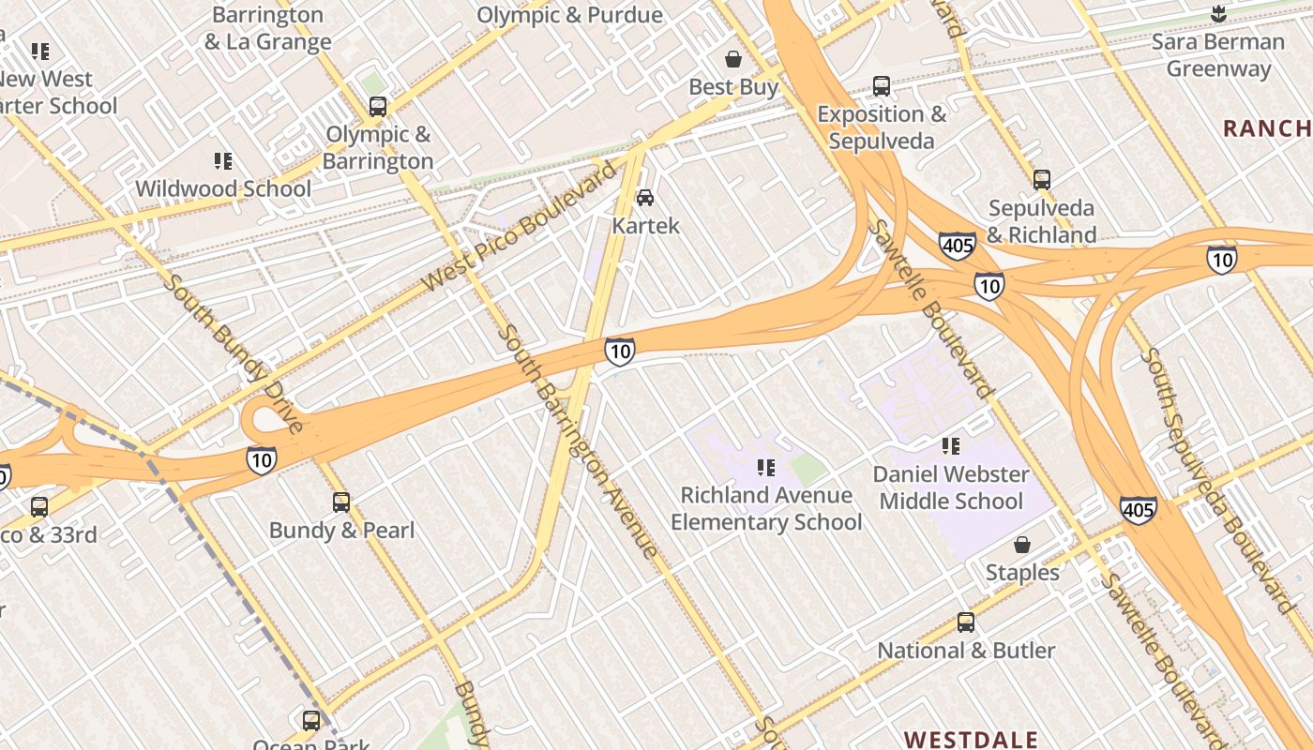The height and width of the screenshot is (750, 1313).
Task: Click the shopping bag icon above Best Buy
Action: [x=733, y=59]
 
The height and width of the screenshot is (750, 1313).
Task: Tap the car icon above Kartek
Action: [x=645, y=198]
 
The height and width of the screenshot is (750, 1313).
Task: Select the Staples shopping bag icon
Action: [x=1022, y=545]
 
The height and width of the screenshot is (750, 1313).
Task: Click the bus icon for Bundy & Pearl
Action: [x=341, y=502]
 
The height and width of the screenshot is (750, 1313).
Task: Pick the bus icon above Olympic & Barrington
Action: [x=378, y=107]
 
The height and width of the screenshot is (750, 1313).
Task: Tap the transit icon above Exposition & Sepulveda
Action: [x=882, y=86]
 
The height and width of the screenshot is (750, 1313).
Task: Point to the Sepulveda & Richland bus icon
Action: [x=1041, y=180]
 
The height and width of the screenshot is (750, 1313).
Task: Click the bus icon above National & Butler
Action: [x=966, y=622]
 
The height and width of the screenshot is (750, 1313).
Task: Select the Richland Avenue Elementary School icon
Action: [x=766, y=467]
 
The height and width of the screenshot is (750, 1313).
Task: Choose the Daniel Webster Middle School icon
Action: [x=951, y=446]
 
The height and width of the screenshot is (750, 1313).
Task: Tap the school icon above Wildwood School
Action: [x=223, y=161]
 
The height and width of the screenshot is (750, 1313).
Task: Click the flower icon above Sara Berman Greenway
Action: [x=1218, y=14]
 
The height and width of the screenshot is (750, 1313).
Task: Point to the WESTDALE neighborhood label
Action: [x=971, y=739]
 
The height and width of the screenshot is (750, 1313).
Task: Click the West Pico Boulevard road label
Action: [x=521, y=226]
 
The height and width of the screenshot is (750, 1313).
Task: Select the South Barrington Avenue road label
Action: [x=577, y=441]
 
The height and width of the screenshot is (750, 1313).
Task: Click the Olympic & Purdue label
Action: [x=569, y=15]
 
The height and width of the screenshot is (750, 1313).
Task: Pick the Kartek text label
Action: [x=645, y=226]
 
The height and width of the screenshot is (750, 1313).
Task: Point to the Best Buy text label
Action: [x=733, y=87]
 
